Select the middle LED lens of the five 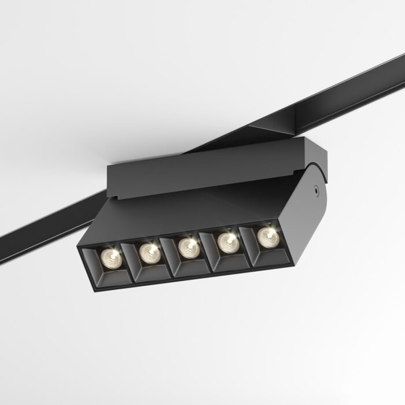click(188, 247)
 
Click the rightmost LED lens click(267, 235)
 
